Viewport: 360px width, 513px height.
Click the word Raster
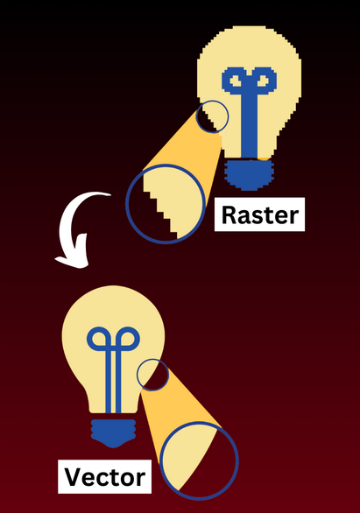(x=260, y=214)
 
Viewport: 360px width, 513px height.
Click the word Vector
(x=105, y=477)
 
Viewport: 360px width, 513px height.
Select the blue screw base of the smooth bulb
(x=113, y=432)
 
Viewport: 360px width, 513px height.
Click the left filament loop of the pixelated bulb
(x=235, y=81)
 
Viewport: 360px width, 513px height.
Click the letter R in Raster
(x=229, y=214)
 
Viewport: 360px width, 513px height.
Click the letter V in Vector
(x=73, y=476)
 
